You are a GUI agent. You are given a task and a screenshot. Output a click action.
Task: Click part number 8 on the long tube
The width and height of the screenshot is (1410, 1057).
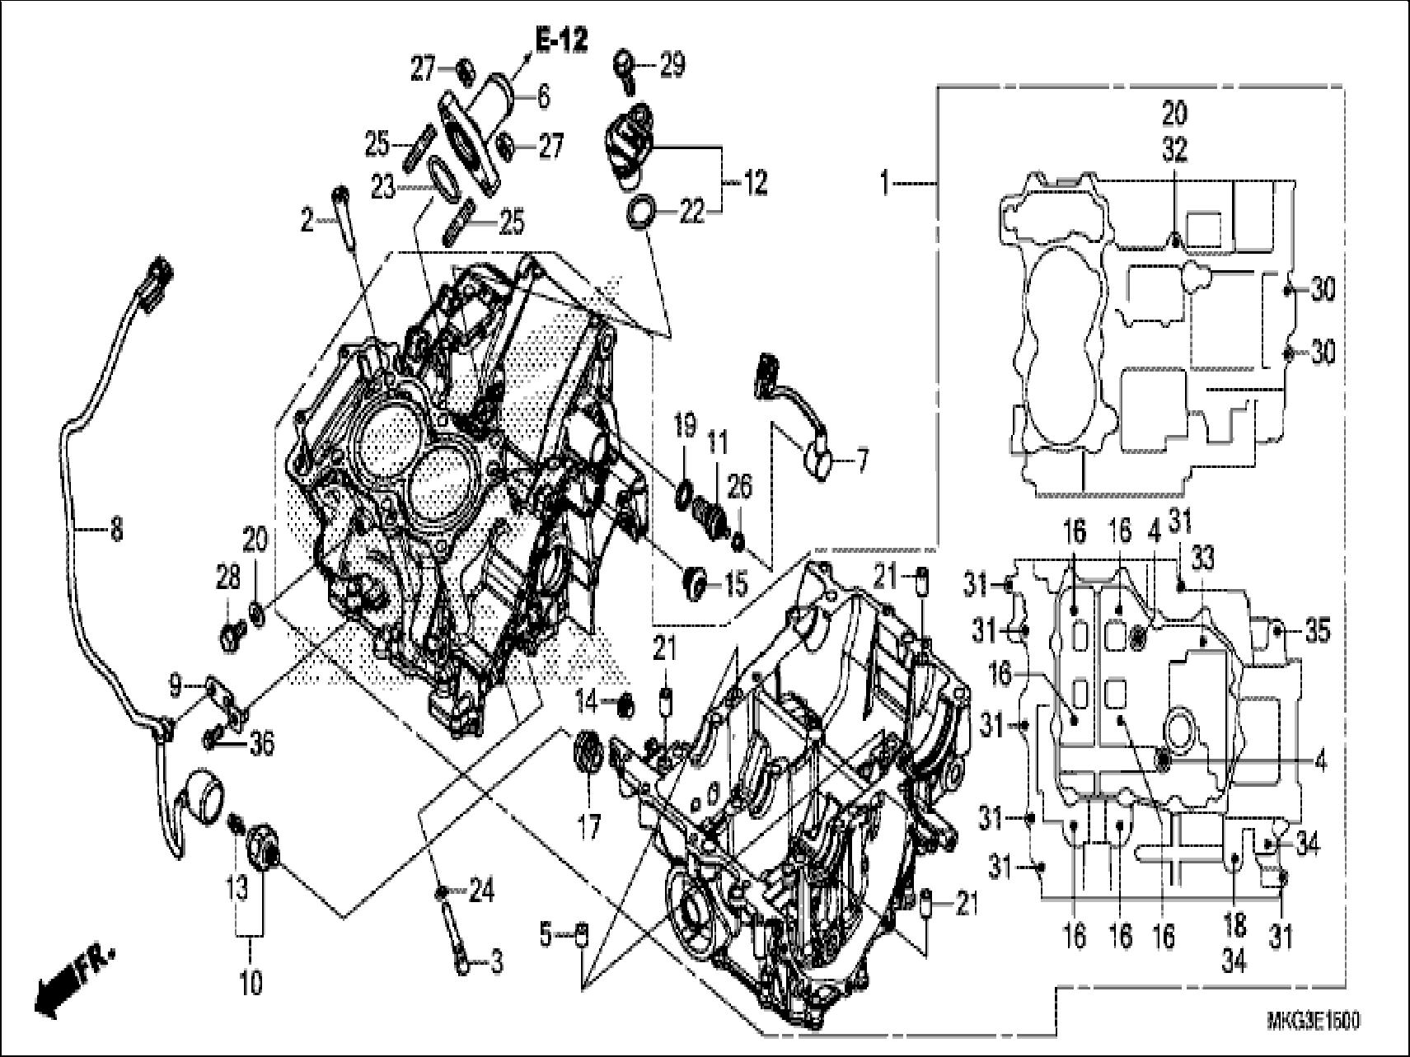115,529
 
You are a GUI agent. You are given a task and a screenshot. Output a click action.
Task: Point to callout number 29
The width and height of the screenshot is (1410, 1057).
672,65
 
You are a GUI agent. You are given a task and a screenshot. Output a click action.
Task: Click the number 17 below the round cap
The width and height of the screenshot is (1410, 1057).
588,825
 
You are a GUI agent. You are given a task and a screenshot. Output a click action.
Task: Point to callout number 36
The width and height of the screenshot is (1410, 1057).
263,744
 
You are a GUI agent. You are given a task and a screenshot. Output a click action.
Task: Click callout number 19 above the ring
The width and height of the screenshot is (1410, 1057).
686,428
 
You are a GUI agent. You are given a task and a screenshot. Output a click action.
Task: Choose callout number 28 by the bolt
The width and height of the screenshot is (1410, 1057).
228,578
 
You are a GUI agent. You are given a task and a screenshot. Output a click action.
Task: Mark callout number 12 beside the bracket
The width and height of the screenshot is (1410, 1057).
755,182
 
